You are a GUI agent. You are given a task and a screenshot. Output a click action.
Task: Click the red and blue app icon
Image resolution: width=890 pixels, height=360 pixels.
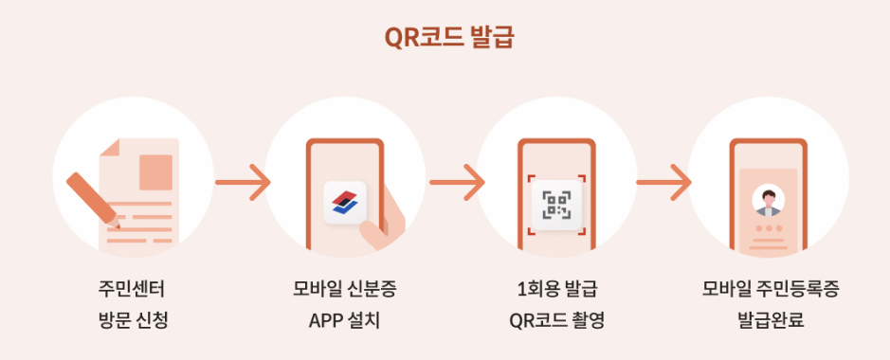tap(345, 201)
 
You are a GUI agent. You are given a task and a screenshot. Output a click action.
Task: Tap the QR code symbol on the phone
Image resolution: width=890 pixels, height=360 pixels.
tap(556, 203)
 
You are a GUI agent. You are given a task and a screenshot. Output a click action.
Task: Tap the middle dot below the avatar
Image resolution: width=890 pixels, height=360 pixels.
tap(768, 229)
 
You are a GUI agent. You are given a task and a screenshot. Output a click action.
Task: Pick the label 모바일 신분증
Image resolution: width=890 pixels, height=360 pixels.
tap(344, 289)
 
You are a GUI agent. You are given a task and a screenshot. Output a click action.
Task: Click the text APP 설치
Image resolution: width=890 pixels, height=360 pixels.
tap(344, 319)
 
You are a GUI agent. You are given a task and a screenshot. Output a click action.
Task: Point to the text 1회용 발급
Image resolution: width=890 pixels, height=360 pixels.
tap(556, 289)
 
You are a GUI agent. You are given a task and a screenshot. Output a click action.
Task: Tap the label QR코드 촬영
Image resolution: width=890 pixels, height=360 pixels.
tap(556, 319)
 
